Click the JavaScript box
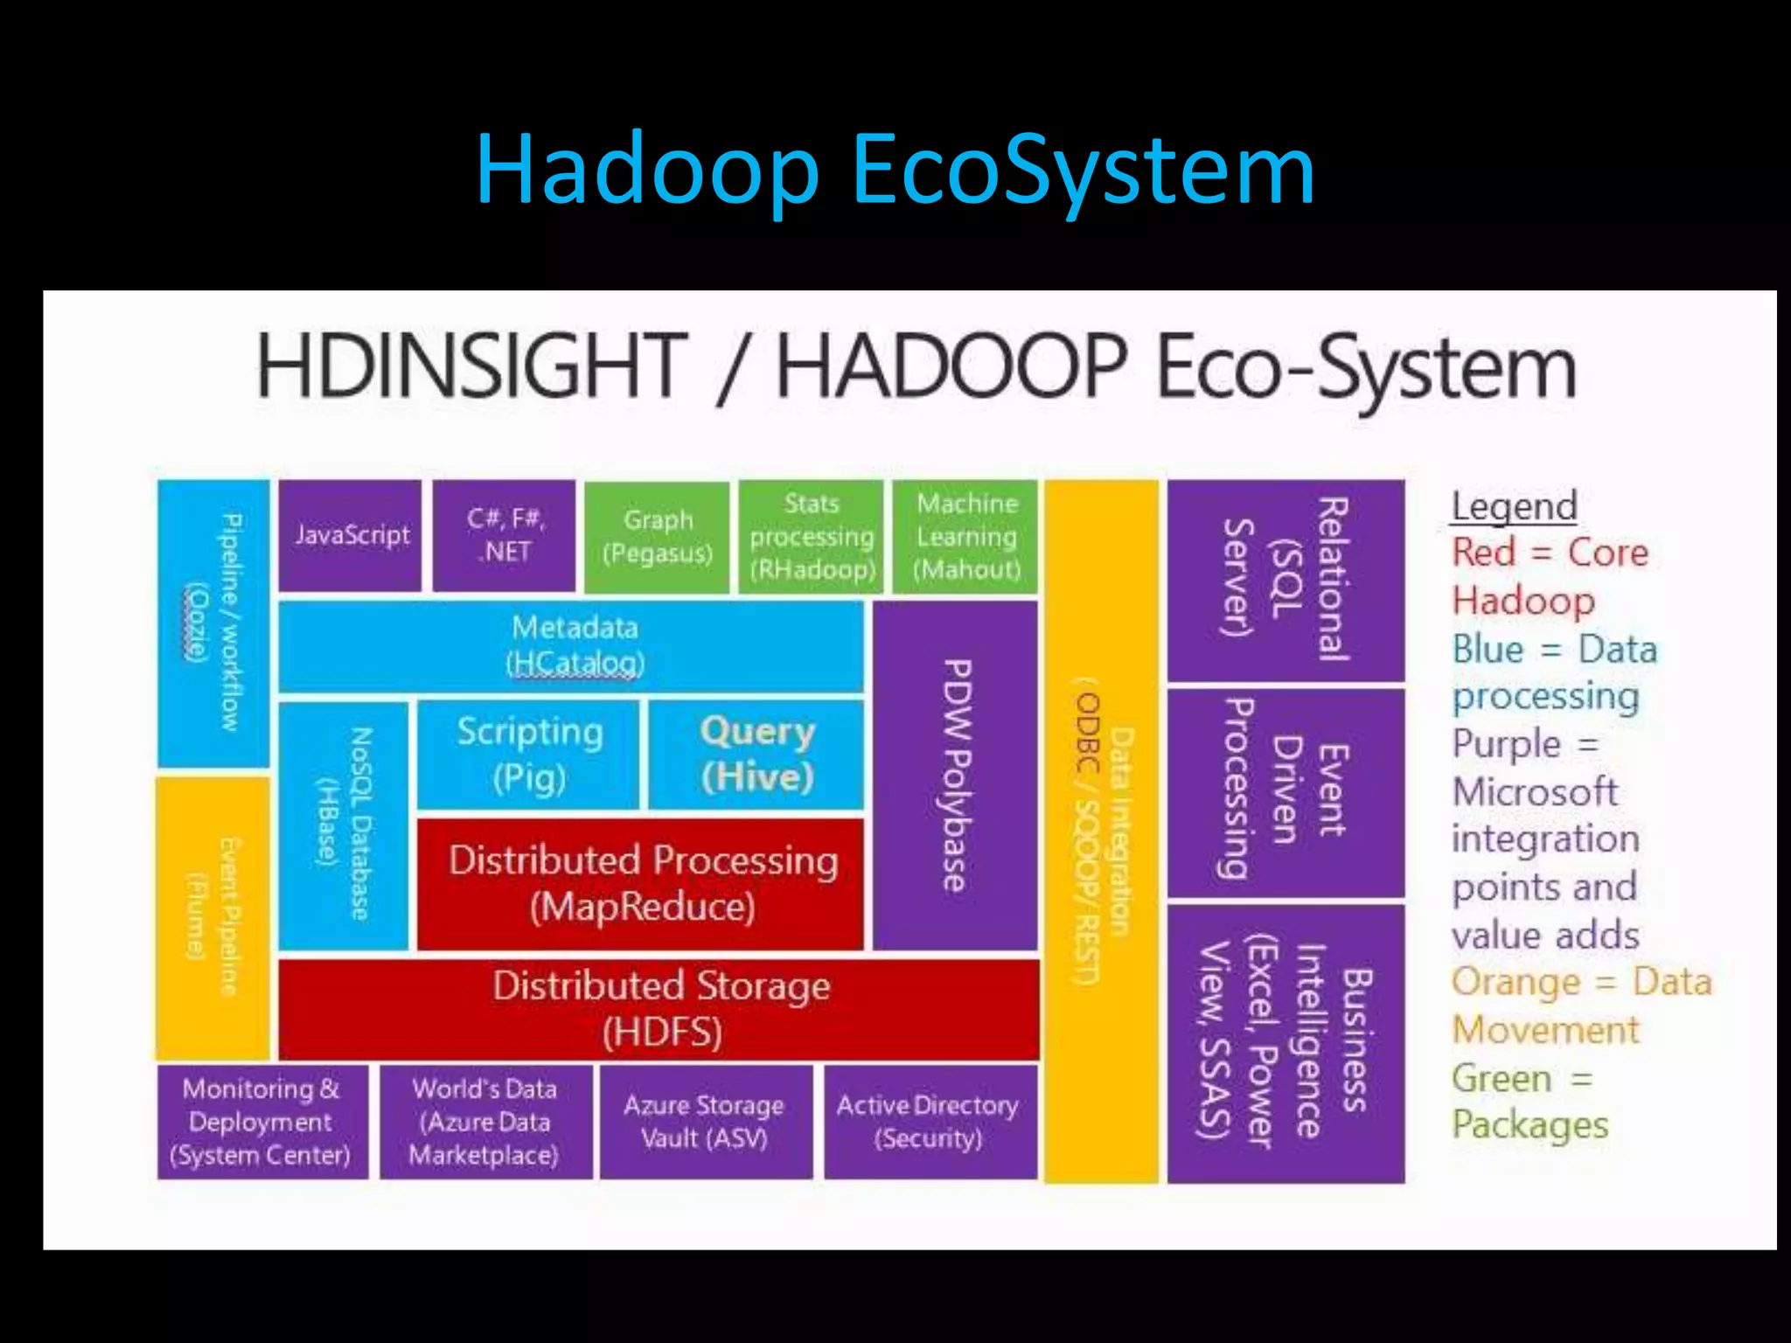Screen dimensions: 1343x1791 [x=350, y=535]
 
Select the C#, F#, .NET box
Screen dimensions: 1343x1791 [x=505, y=535]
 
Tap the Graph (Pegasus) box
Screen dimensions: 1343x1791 [x=657, y=537]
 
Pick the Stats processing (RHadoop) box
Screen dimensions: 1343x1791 [x=812, y=537]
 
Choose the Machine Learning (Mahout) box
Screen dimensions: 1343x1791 [x=965, y=537]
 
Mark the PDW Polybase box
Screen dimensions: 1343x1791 [x=956, y=775]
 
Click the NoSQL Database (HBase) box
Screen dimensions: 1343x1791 [x=344, y=825]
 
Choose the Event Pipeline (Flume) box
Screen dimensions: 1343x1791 [x=213, y=918]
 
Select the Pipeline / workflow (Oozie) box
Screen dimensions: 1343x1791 [x=213, y=623]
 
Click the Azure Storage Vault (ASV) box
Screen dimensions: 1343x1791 [x=705, y=1122]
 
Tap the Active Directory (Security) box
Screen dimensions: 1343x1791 [x=930, y=1122]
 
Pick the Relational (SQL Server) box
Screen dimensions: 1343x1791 [x=1286, y=580]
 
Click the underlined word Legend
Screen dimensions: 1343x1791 [x=1515, y=506]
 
